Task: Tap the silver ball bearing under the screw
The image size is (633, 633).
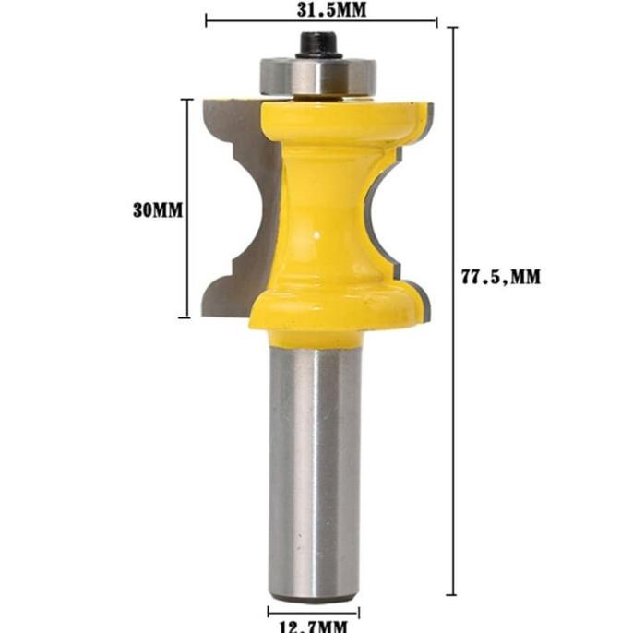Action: [x=318, y=76]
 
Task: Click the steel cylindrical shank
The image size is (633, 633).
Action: [x=315, y=461]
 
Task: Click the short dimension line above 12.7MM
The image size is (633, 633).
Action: [x=314, y=610]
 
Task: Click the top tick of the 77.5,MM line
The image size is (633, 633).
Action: [x=453, y=27]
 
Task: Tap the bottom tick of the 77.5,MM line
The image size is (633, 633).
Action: [x=453, y=593]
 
